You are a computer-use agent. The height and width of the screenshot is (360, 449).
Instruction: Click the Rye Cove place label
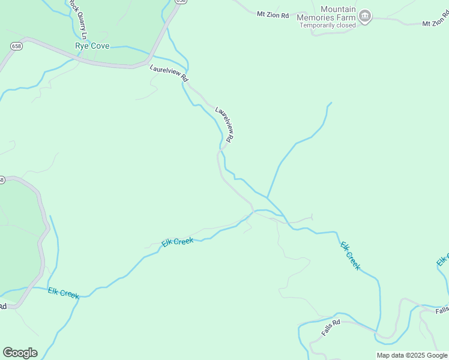(92, 46)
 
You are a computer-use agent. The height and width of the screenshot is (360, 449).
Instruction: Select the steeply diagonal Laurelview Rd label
(224, 124)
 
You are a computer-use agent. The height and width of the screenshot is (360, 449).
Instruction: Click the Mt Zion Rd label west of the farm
(273, 13)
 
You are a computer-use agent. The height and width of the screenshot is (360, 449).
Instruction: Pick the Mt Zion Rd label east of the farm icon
(435, 23)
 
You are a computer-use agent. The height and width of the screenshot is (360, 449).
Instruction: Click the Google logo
(20, 353)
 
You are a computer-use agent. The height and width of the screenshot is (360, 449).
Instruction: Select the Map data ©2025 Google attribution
(412, 355)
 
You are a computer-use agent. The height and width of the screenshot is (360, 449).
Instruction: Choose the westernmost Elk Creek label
(64, 293)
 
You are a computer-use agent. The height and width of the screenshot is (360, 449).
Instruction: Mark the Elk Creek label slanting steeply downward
(350, 256)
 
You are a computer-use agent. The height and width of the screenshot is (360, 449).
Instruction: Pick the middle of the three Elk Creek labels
(177, 242)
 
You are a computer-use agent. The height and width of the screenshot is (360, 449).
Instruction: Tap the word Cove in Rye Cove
(100, 46)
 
